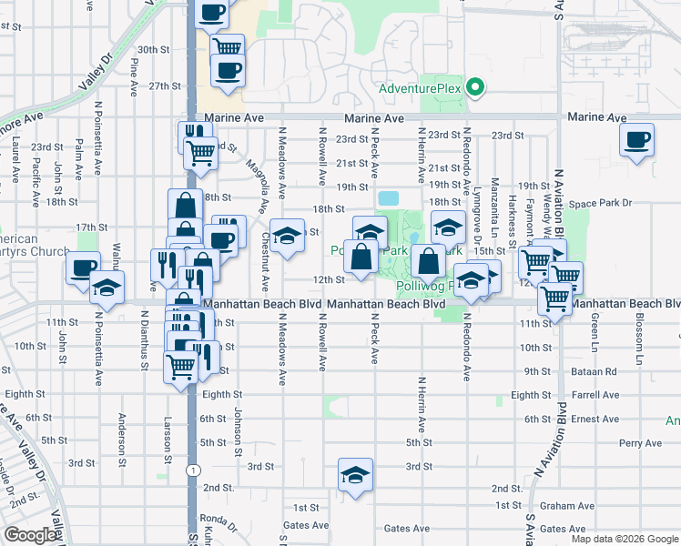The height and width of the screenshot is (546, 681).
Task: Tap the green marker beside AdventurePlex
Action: pyautogui.click(x=473, y=88)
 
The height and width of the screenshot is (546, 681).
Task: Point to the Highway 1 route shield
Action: pyautogui.click(x=192, y=470)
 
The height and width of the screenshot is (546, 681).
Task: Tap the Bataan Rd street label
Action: pyautogui.click(x=598, y=371)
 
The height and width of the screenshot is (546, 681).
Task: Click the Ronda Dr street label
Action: pyautogui.click(x=221, y=523)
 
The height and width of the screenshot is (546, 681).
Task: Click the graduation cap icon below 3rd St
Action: pyautogui.click(x=355, y=474)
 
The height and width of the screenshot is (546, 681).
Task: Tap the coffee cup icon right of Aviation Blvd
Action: pyautogui.click(x=636, y=139)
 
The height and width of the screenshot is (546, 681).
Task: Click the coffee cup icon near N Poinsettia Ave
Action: pyautogui.click(x=83, y=268)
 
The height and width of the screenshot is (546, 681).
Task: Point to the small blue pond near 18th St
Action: pyautogui.click(x=388, y=197)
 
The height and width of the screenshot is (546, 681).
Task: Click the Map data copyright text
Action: pyautogui.click(x=625, y=539)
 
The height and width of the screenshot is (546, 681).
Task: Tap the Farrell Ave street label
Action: pyautogui.click(x=596, y=395)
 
